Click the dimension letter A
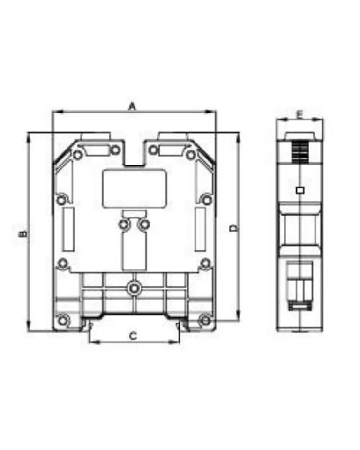pyautogui.click(x=132, y=106)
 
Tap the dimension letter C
pyautogui.click(x=133, y=336)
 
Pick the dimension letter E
pyautogui.click(x=300, y=115)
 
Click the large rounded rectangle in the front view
pyautogui.click(x=135, y=188)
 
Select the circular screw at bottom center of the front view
pyautogui.click(x=134, y=288)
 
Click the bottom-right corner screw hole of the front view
pyautogui.click(x=205, y=320)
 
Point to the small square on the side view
pyautogui.click(x=300, y=190)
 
